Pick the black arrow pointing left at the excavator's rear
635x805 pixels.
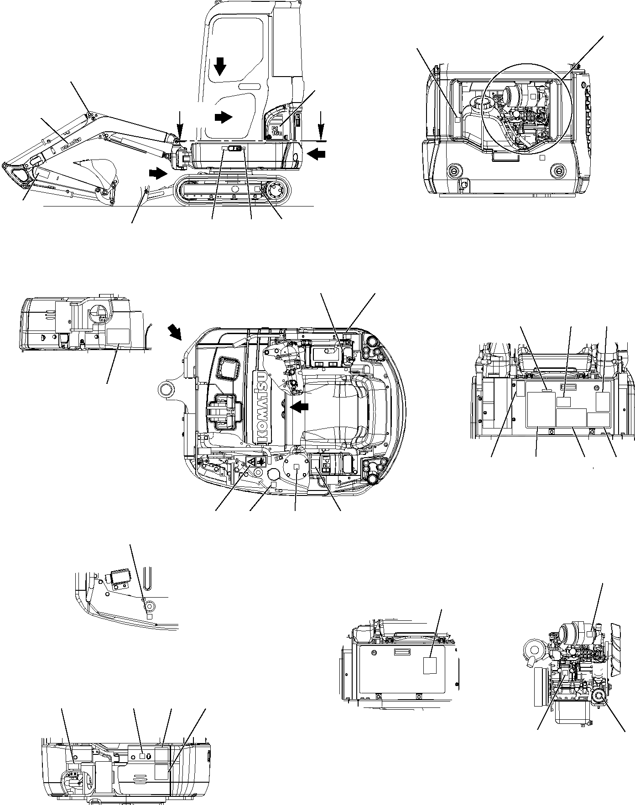point(317,155)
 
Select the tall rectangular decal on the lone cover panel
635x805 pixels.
point(430,665)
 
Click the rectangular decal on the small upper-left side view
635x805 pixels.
point(118,337)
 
